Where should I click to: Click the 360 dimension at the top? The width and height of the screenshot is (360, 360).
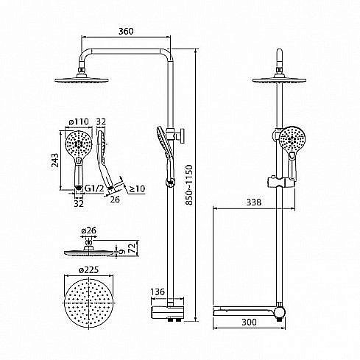tap(126, 32)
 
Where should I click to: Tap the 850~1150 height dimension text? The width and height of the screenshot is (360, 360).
tap(189, 185)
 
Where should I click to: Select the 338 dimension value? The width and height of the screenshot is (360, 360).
tap(254, 202)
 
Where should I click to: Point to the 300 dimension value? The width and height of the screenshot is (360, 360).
tap(249, 322)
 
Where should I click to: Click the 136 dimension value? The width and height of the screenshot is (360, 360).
tap(158, 292)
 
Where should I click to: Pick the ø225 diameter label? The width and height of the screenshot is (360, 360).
tap(88, 270)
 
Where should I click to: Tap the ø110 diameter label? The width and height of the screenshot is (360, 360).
tap(79, 121)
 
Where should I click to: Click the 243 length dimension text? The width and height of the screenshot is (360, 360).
tap(55, 160)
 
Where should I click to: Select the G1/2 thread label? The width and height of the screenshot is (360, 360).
tap(94, 188)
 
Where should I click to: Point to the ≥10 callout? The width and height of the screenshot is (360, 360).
tap(137, 188)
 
